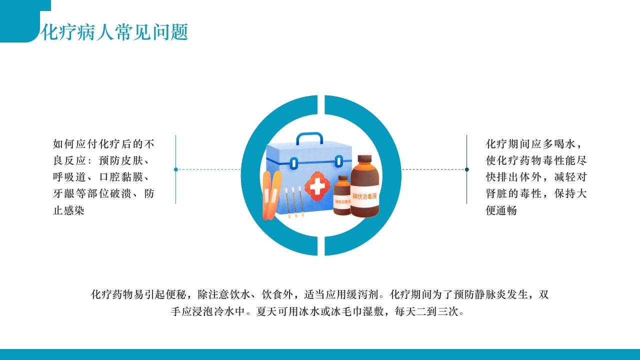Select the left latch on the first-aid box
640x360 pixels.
coord(294,163)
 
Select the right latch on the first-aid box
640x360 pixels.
coord(338,161)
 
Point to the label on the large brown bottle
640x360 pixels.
coord(364,196)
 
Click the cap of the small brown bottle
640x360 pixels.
coord(343,178)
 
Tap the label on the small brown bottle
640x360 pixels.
coord(342,201)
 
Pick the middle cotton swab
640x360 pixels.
coord(294,202)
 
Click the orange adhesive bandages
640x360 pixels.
coord(271,195)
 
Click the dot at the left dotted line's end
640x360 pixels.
coord(176,169)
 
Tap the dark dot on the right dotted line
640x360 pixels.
coord(467,169)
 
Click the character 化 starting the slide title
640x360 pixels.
coord(49,32)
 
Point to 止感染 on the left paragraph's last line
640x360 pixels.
coord(69,210)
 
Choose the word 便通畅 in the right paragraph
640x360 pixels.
coord(501,210)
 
